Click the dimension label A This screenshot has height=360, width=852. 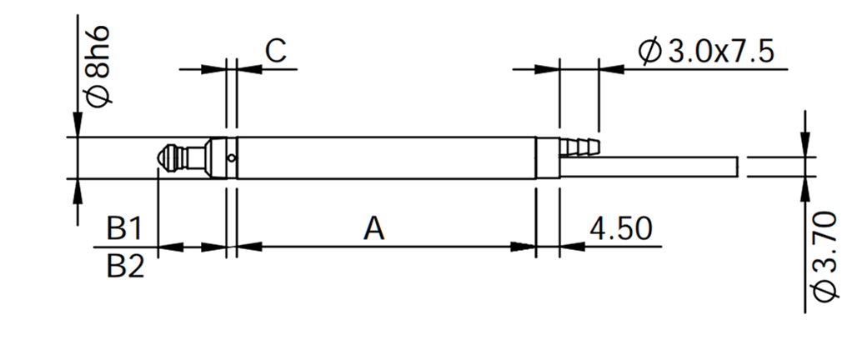point(373,228)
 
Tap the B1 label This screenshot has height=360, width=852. point(124,228)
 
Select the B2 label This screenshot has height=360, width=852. point(126,267)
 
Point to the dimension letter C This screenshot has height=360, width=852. point(275,51)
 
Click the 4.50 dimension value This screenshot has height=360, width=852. point(620,228)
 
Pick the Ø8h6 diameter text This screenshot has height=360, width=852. point(98,66)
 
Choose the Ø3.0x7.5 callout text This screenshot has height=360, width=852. point(706,52)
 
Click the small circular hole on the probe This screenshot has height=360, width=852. point(232,158)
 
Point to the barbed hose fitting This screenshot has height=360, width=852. point(579,147)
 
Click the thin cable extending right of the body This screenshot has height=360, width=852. point(649,167)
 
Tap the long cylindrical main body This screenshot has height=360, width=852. point(386,157)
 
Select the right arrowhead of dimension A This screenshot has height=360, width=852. point(524,247)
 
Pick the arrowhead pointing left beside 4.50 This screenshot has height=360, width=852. point(572,247)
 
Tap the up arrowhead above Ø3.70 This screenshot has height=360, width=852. point(805,189)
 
